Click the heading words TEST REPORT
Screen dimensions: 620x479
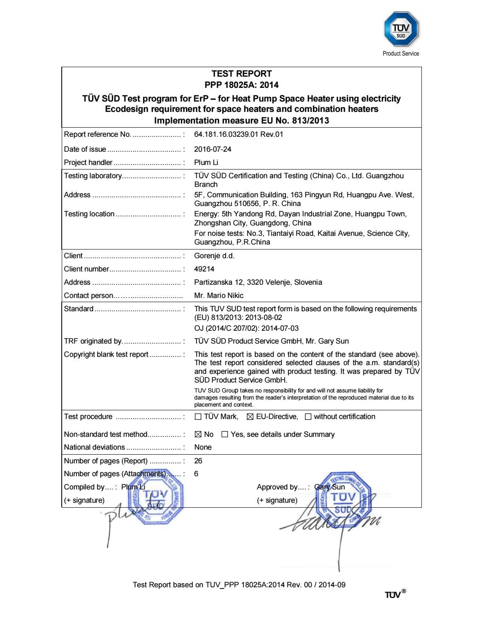tap(242, 74)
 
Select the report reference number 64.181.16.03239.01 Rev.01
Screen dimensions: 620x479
tap(239, 134)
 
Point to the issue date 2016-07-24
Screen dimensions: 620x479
tap(213, 149)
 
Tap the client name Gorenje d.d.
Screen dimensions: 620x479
tap(214, 256)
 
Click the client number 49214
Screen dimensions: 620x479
tap(204, 269)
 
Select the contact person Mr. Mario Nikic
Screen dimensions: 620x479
tap(219, 295)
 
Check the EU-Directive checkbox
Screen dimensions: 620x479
tap(250, 417)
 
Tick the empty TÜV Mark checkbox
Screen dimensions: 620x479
tap(198, 417)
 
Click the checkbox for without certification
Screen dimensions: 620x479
tap(308, 417)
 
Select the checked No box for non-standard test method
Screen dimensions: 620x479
tap(198, 435)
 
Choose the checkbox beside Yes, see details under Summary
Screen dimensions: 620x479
tap(225, 435)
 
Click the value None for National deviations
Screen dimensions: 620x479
tap(203, 447)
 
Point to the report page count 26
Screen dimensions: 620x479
tap(198, 461)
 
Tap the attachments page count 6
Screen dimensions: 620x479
tap(196, 474)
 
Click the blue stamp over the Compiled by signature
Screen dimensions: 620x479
tap(156, 499)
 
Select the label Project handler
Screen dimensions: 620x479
tap(88, 162)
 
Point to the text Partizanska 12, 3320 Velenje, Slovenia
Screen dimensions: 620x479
tap(258, 282)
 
